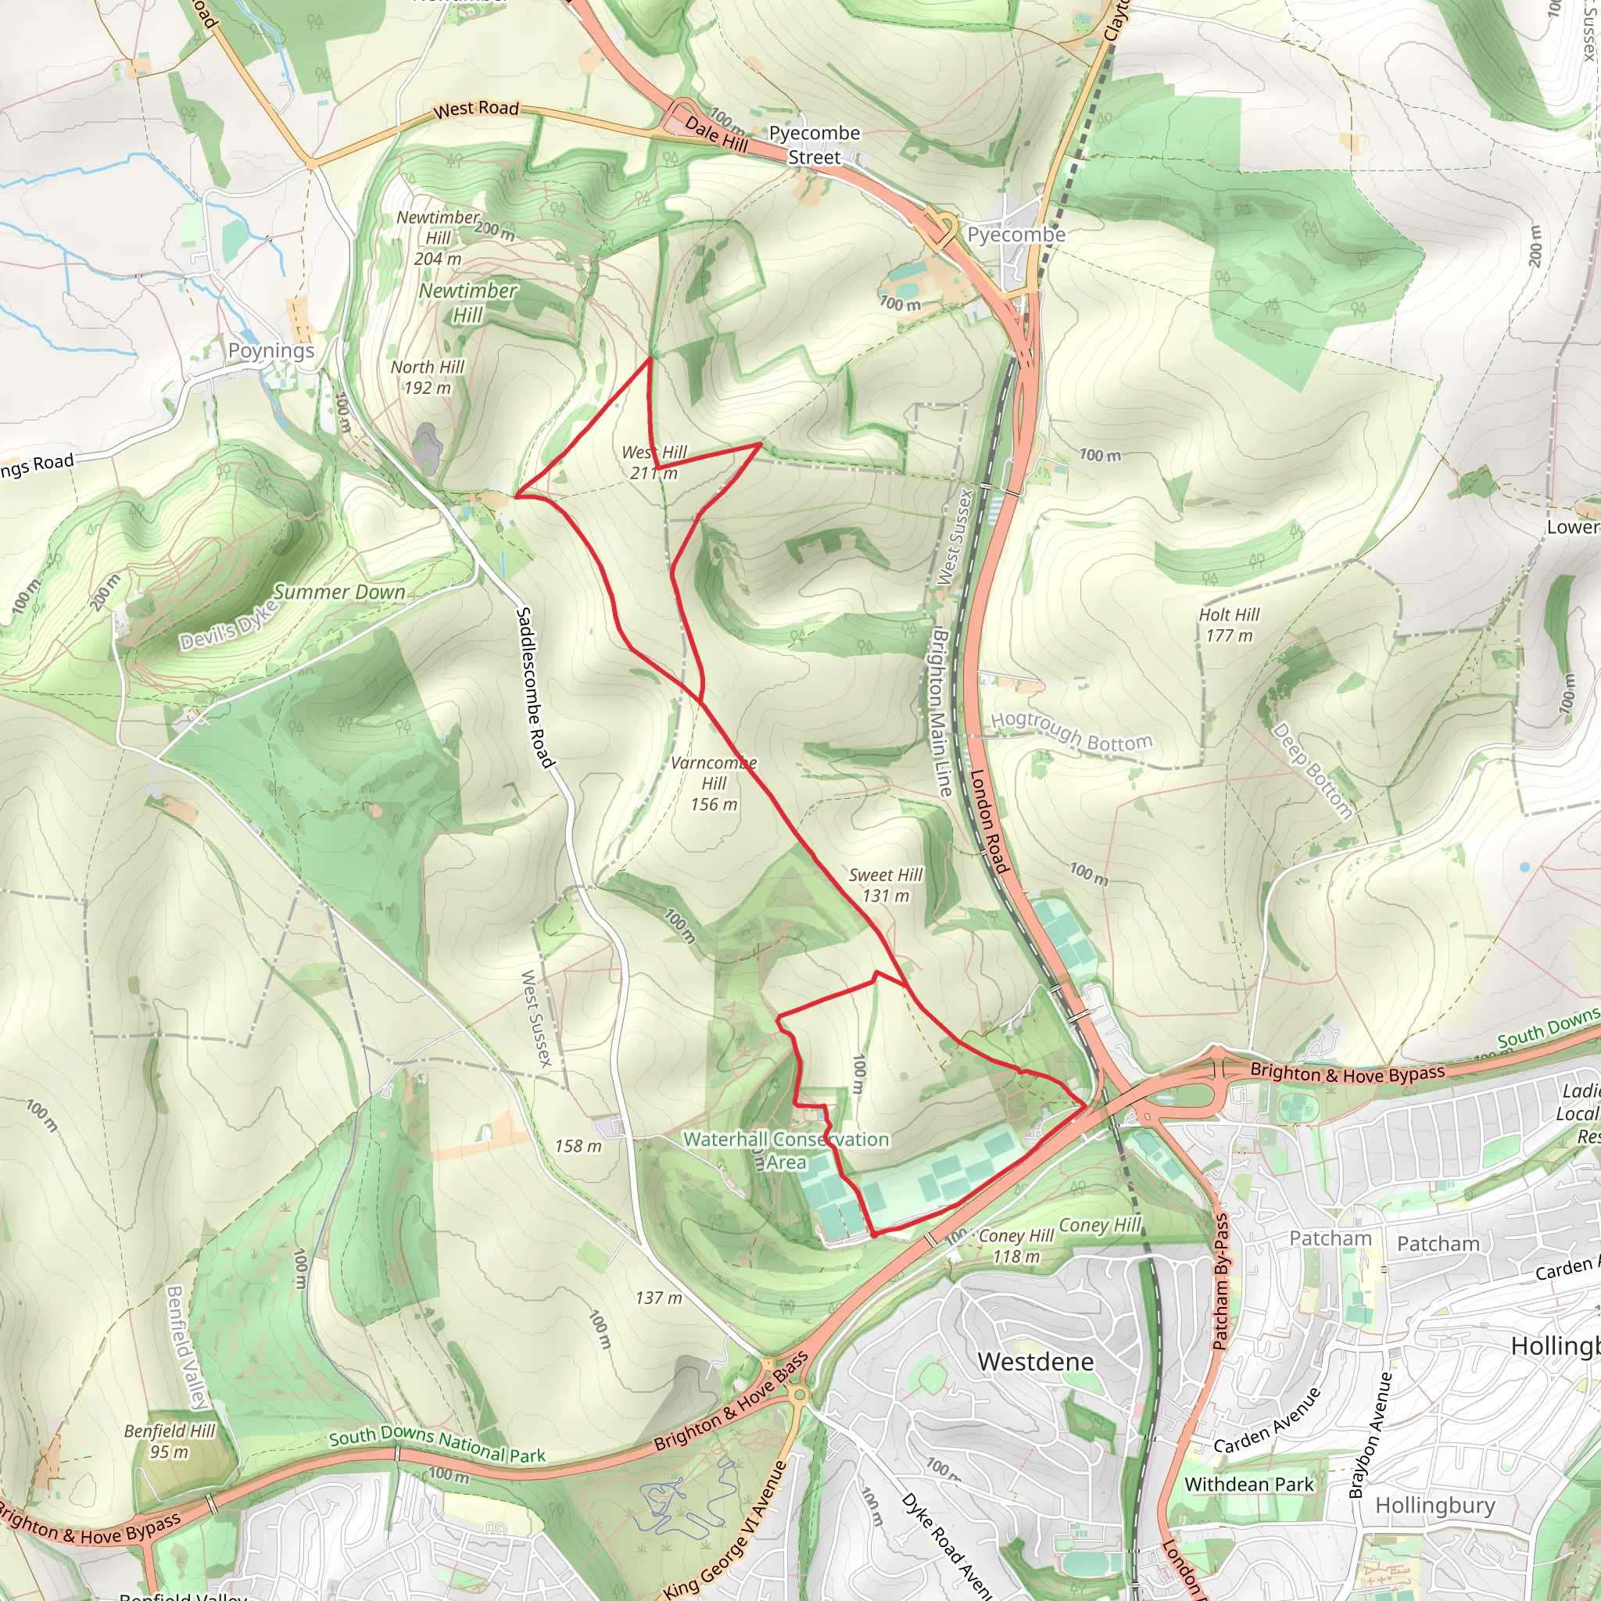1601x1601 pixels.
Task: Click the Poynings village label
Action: coord(271,350)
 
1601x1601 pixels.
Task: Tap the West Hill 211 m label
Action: coord(654,463)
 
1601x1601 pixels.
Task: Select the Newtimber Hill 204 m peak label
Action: coord(438,238)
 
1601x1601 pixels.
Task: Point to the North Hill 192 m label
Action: coord(428,377)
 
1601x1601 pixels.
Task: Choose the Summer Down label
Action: coord(340,592)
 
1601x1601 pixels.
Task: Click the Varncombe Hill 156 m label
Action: coord(714,783)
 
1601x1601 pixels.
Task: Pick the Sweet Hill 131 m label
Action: coord(885,885)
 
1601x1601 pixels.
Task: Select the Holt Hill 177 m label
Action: coord(1228,625)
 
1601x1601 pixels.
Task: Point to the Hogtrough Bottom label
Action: coord(1071,731)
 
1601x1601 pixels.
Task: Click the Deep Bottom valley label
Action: coord(1312,771)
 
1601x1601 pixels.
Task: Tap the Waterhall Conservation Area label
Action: coord(786,1150)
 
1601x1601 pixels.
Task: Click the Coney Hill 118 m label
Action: coord(1016,1245)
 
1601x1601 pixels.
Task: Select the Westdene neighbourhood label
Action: coord(1035,1362)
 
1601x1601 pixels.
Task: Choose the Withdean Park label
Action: coord(1248,1485)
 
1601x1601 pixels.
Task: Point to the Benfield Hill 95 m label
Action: coord(169,1441)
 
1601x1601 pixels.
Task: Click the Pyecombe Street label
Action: coord(814,145)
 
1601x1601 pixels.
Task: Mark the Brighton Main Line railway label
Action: coord(941,713)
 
